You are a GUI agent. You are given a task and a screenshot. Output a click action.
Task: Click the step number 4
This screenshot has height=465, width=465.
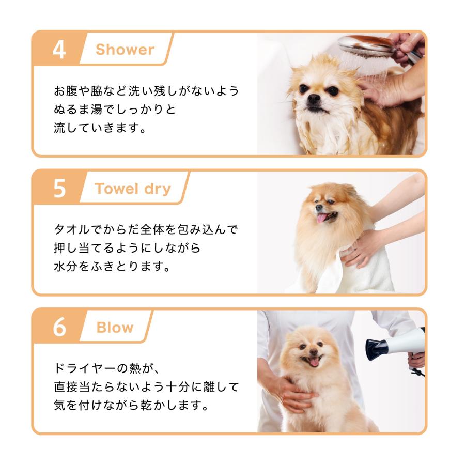click(59, 50)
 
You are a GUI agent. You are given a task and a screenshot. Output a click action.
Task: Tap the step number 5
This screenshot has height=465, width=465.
click(59, 189)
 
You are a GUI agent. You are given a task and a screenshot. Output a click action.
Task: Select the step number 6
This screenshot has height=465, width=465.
click(59, 328)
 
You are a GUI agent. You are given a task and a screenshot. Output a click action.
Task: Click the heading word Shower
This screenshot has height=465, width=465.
click(125, 50)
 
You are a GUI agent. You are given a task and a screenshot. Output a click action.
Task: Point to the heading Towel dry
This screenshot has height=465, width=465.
click(133, 189)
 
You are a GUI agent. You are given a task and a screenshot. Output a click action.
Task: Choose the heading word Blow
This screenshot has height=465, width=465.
click(115, 328)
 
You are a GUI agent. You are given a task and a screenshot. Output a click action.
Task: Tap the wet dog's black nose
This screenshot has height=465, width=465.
click(314, 99)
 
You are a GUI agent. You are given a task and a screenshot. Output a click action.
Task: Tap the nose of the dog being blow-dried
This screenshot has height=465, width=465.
click(314, 352)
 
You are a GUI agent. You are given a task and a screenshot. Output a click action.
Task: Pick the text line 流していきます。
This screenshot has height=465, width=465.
click(100, 128)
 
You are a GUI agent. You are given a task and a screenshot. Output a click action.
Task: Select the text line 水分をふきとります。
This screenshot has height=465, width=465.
click(113, 266)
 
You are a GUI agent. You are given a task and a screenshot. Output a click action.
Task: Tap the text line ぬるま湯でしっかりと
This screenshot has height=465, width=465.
click(115, 109)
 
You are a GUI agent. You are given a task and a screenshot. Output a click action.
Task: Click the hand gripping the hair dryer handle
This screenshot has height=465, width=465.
click(416, 360)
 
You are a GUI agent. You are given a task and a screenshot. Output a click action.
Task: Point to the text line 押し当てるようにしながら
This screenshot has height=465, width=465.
click(128, 248)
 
